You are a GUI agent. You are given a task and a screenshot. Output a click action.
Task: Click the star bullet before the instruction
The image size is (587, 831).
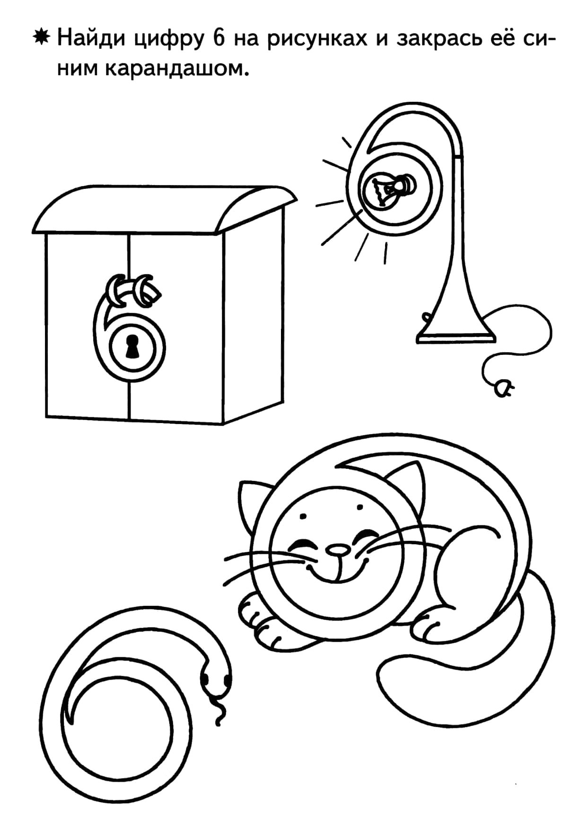pyautogui.click(x=42, y=37)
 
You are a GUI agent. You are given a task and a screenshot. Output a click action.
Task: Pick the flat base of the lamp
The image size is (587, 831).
pyautogui.click(x=456, y=337)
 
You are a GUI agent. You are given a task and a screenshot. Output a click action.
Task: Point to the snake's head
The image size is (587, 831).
pyautogui.click(x=216, y=677)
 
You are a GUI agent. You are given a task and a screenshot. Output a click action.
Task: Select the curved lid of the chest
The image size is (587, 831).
pyautogui.click(x=166, y=209)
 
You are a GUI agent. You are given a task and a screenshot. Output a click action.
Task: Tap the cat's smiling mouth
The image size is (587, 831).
pyautogui.click(x=337, y=570)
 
